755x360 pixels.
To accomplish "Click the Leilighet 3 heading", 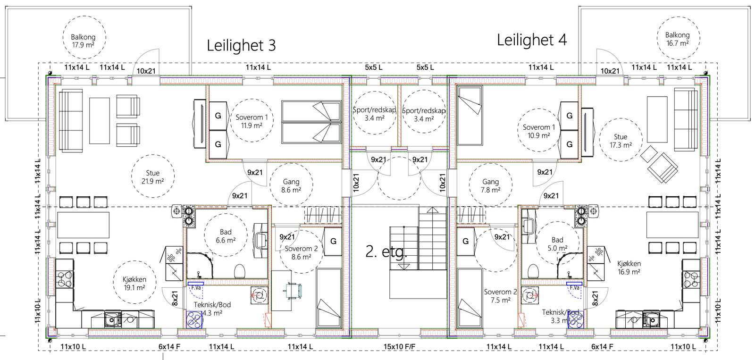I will (241, 45).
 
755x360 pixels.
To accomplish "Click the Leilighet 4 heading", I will (531, 40).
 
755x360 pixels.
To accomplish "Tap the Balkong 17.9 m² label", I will (83, 41).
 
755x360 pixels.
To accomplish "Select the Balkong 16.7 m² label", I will (677, 39).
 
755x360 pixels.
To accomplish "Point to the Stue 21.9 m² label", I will (152, 177).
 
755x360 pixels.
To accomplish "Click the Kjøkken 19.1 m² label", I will (134, 283).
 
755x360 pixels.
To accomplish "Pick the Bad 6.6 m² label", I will (226, 236).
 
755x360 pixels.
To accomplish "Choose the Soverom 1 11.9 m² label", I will (252, 121).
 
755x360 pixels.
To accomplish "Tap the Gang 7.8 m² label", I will (490, 185).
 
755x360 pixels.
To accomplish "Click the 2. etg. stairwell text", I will (386, 251).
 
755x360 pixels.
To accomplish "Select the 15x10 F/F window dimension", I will (399, 347).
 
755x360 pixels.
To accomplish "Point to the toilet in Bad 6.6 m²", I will (240, 271).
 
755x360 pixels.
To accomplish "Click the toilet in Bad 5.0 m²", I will (533, 271).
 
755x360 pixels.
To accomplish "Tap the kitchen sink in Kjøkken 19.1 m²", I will (113, 320).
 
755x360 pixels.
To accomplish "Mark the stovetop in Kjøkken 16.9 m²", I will (691, 279).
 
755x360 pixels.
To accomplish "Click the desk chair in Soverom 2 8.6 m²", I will (293, 291).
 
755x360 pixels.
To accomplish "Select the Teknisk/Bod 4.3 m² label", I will (212, 309).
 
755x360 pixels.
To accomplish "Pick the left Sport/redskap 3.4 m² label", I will (374, 114).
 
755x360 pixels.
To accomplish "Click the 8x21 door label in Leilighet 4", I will (595, 298).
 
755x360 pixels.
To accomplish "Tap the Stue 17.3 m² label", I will (620, 141).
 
